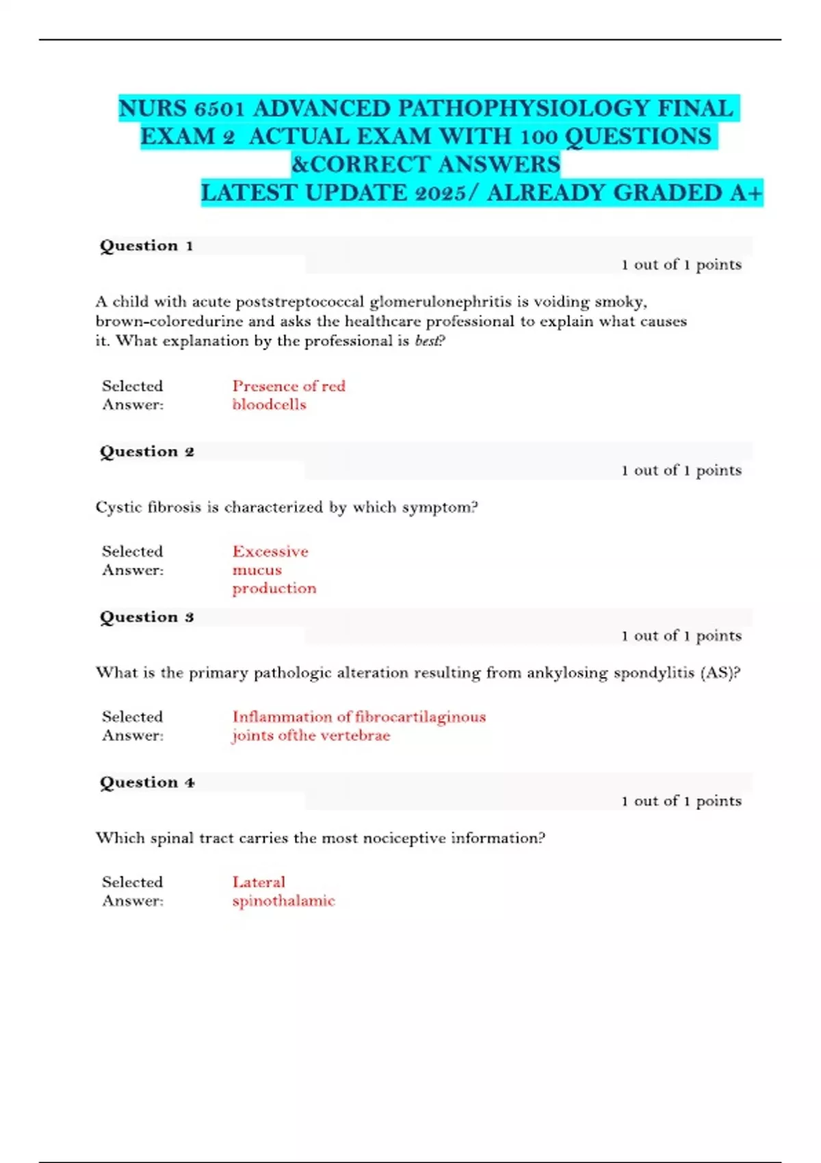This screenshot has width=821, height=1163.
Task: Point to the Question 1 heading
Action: [x=146, y=246]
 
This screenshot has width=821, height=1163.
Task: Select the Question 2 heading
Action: [x=146, y=452]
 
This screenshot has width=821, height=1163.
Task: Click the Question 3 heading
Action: [x=146, y=617]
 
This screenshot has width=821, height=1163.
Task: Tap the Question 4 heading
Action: [x=146, y=783]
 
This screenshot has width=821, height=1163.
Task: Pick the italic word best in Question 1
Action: [x=427, y=341]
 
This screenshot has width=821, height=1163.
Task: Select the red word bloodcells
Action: [x=269, y=405]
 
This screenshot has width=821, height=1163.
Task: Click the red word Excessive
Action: [x=270, y=551]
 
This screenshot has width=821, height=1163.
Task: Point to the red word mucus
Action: [x=257, y=571]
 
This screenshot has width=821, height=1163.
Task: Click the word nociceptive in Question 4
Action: [x=404, y=839]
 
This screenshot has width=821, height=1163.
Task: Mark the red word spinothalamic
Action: [x=283, y=901]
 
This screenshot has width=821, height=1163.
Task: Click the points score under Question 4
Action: [x=681, y=801]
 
